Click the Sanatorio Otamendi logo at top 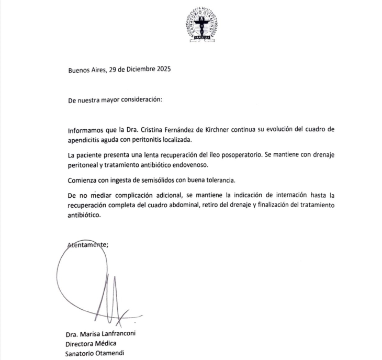[x=202, y=24]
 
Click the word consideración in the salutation [x=139, y=100]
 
